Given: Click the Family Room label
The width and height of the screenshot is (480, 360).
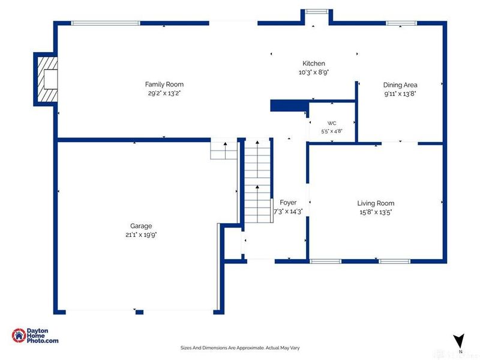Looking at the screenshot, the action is point(164,84).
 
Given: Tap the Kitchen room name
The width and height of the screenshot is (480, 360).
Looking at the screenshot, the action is point(313,64).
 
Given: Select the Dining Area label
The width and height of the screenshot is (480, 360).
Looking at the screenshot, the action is point(400,85).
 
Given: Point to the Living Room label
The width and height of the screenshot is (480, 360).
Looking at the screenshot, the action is point(376,203).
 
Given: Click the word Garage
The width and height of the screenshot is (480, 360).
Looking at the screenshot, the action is point(141,226).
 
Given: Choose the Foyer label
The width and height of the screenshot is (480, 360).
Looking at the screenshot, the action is point(288,203).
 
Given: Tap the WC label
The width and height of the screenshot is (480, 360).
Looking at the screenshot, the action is point(332,124).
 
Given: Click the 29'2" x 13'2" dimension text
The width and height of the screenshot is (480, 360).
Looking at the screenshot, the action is point(164,94).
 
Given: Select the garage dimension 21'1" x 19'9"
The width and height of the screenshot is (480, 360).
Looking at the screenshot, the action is point(141,235).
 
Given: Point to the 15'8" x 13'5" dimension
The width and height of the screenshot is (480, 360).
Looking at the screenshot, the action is point(376,212).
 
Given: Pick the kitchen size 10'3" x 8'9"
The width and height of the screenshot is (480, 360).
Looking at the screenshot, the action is point(313,73).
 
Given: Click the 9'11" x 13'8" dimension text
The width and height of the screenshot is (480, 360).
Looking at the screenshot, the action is point(400,94).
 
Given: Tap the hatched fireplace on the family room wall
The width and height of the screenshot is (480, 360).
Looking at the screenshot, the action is point(47,79).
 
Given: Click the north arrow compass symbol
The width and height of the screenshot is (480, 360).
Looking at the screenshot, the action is point(459,341).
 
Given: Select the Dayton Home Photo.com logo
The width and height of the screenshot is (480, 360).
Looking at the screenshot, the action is point(35,335).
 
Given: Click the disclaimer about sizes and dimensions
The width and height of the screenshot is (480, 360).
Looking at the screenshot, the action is point(240,348).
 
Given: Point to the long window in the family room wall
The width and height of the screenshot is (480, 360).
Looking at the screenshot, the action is point(106,23).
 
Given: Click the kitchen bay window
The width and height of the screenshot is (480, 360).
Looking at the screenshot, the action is point(317,11).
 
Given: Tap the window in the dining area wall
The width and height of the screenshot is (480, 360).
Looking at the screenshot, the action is point(401,23).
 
